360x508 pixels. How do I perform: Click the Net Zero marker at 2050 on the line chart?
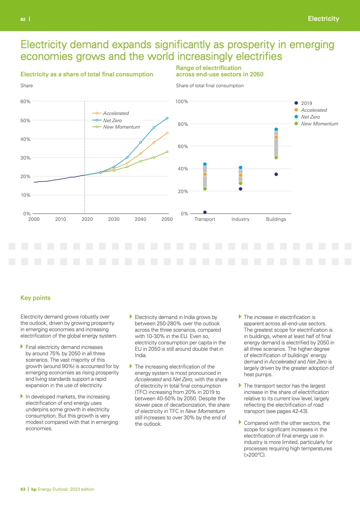167,118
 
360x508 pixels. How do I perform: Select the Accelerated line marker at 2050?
167,133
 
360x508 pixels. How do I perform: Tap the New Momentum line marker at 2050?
167,152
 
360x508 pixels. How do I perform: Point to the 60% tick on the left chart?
25,102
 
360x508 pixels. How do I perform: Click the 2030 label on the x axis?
113,219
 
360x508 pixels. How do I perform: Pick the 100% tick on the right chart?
182,101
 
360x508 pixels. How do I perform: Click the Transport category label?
205,219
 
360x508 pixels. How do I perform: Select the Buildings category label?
276,219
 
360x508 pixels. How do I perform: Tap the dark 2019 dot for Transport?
205,212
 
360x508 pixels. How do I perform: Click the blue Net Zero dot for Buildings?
276,129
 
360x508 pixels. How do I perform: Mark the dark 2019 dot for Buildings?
276,174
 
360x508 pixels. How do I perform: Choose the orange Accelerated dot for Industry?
241,175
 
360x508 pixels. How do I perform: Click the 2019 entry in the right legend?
307,103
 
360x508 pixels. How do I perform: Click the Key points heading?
35,298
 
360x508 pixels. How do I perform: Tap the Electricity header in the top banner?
323,19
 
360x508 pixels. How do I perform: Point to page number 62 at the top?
22,19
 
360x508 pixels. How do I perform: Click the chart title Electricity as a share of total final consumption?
87,74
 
